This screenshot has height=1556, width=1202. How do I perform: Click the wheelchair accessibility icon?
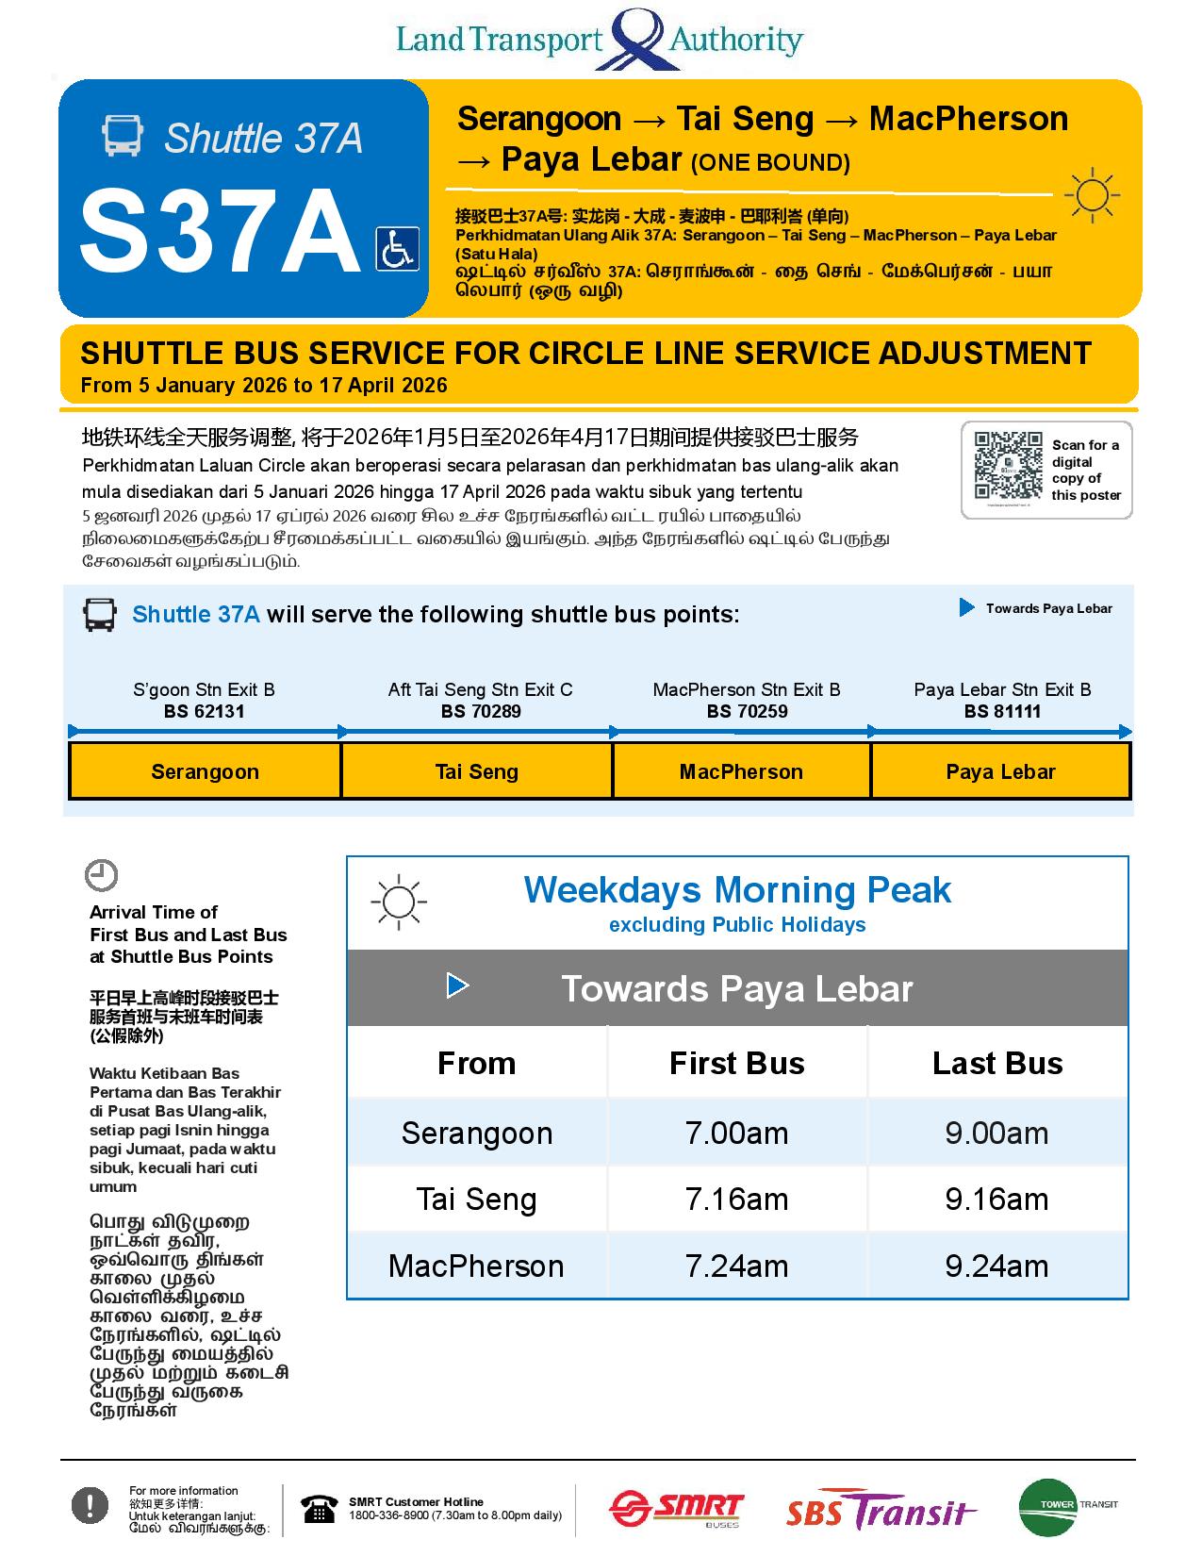tap(397, 249)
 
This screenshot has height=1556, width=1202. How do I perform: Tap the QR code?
tap(1008, 466)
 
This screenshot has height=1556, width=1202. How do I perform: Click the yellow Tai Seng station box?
tap(477, 771)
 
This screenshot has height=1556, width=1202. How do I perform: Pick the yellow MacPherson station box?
tap(741, 771)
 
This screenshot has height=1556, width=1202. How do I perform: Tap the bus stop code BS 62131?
tap(204, 712)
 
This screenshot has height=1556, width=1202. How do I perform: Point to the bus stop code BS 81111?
tap(1002, 712)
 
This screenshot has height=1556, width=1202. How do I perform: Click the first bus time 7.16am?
tap(736, 1200)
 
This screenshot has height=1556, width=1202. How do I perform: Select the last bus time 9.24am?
tap(996, 1266)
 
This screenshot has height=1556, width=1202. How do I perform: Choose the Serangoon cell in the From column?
tap(477, 1133)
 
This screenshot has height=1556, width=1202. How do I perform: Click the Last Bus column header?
tap(997, 1064)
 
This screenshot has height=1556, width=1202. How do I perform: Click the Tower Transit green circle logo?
tap(1047, 1507)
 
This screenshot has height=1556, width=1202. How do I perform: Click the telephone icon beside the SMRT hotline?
tap(320, 1509)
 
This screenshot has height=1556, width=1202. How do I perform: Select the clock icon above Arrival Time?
tap(102, 875)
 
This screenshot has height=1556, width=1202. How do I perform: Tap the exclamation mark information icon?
tap(91, 1505)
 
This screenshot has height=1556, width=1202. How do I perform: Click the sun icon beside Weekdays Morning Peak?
tap(399, 902)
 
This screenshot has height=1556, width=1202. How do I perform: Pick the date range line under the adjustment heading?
tap(264, 386)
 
